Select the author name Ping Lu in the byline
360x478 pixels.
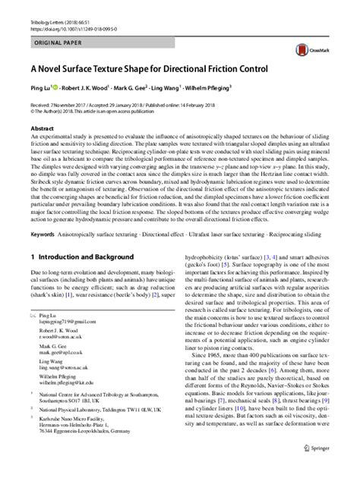click(x=42, y=87)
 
